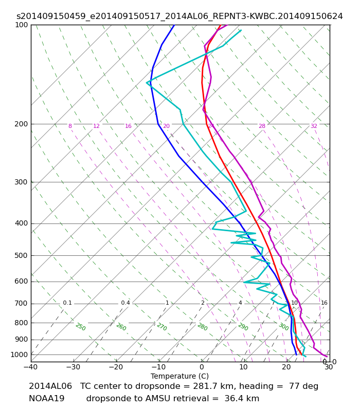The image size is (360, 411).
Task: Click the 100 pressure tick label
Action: (21, 25)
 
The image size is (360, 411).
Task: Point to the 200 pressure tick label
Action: (21, 124)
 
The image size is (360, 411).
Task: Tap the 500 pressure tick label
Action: (21, 255)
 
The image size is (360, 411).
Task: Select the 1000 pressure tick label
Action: (19, 355)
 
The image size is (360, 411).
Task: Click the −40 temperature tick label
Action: (31, 367)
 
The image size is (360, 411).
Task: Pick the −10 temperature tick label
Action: (159, 367)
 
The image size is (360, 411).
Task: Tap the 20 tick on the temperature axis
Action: (286, 367)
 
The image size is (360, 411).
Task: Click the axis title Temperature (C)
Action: (179, 376)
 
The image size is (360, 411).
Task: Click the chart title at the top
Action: (179, 16)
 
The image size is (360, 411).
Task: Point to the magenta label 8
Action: (70, 126)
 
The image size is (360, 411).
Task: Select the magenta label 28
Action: (262, 126)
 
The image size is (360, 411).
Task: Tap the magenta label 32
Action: (314, 126)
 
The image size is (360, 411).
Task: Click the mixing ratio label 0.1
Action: (67, 303)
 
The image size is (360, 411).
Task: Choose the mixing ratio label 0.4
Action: (125, 303)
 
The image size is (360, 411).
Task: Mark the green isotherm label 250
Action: (81, 327)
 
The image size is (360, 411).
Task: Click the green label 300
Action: (283, 327)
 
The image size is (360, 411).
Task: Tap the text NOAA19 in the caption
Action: (47, 399)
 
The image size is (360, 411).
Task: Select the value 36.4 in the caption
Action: (233, 399)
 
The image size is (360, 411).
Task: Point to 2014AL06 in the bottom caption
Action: (50, 386)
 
